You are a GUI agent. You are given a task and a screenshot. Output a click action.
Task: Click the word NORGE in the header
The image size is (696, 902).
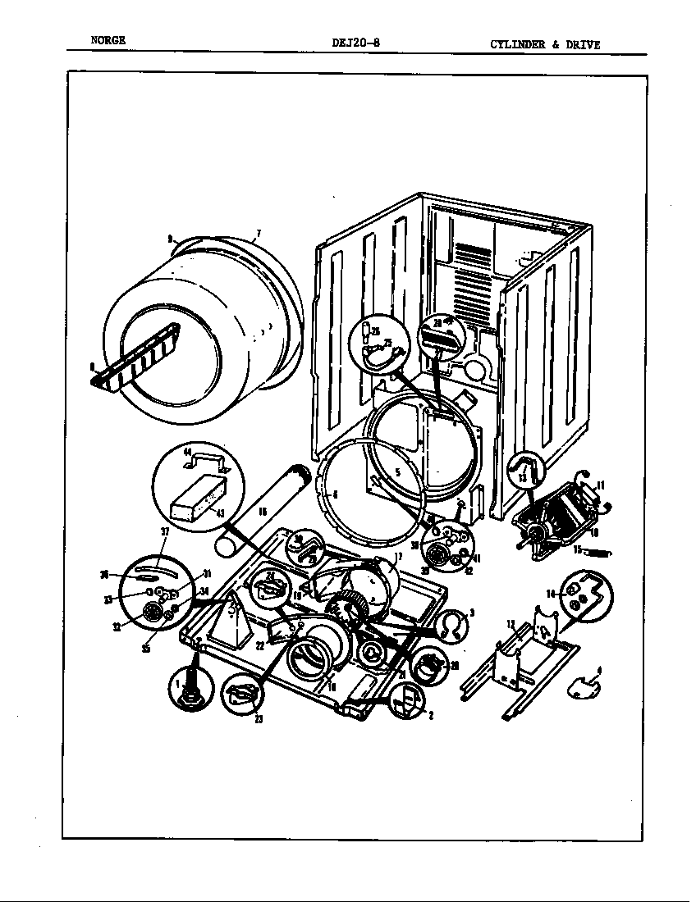point(108,42)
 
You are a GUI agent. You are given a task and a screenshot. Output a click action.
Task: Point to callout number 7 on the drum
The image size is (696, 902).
point(257,234)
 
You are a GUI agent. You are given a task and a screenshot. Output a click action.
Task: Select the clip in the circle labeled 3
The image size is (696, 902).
point(448,626)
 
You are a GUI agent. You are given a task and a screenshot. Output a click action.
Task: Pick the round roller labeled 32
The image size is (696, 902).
point(151,612)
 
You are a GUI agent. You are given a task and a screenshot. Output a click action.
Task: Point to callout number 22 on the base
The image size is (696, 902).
point(260,646)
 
